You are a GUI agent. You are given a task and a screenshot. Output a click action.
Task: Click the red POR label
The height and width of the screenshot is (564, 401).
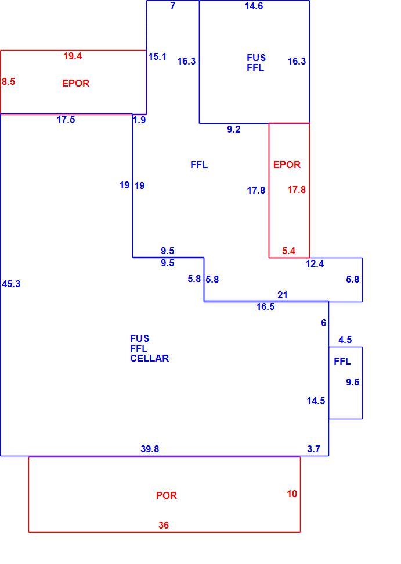click(x=166, y=495)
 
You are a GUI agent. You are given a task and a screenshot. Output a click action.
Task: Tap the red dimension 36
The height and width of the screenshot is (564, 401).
click(x=163, y=525)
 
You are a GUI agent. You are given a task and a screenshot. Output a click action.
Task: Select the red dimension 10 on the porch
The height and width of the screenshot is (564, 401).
click(x=292, y=494)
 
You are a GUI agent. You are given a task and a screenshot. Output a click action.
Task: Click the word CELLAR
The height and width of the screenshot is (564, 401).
click(x=149, y=358)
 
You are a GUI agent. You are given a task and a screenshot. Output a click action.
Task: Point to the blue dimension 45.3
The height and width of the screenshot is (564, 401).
click(x=11, y=284)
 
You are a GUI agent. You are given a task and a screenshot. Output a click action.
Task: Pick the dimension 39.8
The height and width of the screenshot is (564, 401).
click(x=150, y=449)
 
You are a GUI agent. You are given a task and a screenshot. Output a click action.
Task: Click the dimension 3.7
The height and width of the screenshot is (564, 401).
click(x=313, y=449)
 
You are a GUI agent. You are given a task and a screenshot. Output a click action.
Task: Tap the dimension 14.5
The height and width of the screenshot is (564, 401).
click(x=316, y=401)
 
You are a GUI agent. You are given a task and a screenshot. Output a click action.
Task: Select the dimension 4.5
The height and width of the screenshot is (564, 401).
click(x=345, y=340)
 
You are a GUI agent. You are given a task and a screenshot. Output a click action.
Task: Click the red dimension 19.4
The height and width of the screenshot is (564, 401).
click(x=73, y=56)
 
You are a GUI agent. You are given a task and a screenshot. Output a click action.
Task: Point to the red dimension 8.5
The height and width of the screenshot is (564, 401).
click(x=8, y=81)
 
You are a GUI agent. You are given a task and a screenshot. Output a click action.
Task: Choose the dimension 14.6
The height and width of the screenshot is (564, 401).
click(x=254, y=6)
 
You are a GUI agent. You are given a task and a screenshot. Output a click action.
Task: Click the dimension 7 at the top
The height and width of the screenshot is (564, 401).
click(x=173, y=6)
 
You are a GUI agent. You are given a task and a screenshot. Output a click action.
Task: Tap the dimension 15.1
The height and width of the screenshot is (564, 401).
click(x=157, y=56)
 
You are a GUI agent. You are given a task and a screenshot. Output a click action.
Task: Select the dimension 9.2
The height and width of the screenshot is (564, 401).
click(x=233, y=129)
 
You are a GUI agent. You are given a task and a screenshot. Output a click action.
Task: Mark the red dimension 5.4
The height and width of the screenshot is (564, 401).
click(x=288, y=251)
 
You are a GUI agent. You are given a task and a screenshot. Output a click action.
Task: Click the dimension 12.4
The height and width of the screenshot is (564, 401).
click(x=315, y=263)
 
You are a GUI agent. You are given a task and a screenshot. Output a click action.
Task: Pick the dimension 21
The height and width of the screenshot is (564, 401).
click(x=283, y=295)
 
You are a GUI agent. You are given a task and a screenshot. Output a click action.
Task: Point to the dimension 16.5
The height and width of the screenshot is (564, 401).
click(x=266, y=306)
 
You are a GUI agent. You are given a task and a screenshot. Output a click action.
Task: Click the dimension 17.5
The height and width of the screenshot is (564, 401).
click(x=66, y=119)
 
